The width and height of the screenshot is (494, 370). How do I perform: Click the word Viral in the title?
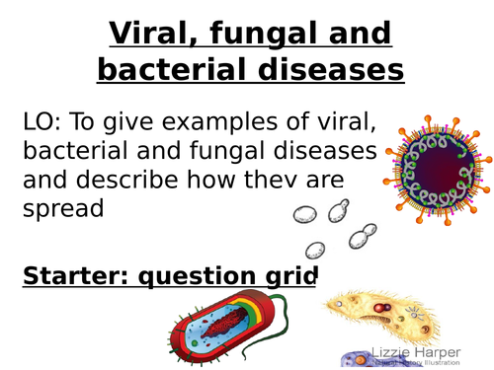tap(155, 34)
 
